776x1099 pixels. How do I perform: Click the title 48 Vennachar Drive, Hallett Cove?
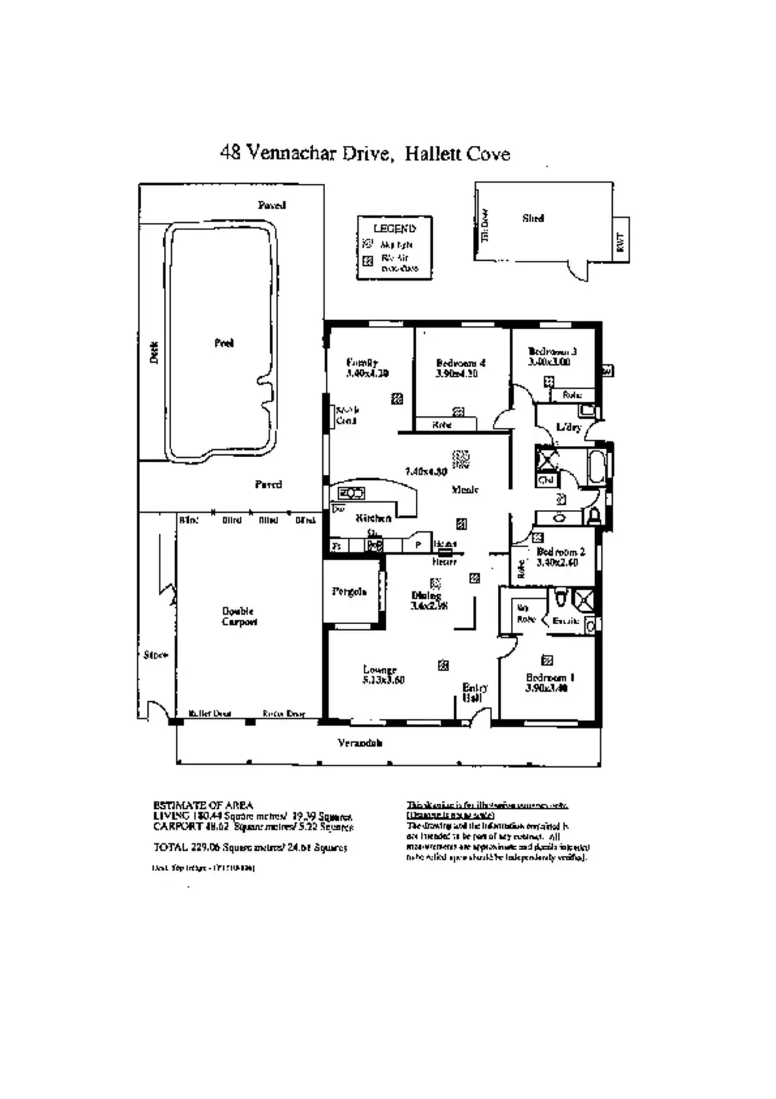pos(365,153)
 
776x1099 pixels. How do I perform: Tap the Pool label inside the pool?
pos(224,343)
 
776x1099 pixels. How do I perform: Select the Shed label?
pos(533,218)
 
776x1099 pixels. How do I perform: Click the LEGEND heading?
pos(395,229)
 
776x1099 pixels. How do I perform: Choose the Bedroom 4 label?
pos(460,363)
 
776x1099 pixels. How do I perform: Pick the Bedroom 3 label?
pos(553,352)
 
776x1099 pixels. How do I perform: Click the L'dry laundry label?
pos(568,427)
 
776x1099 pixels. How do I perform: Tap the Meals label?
pos(466,489)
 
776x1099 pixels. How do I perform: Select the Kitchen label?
pos(373,518)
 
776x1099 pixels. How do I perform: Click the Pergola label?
pos(349,591)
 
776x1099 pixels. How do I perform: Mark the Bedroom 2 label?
pos(561,552)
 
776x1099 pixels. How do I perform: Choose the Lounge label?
pos(380,670)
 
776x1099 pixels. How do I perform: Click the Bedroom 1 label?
pos(550,678)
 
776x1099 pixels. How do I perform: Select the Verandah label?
pos(360,743)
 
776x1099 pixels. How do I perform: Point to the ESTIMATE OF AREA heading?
pos(204,805)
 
